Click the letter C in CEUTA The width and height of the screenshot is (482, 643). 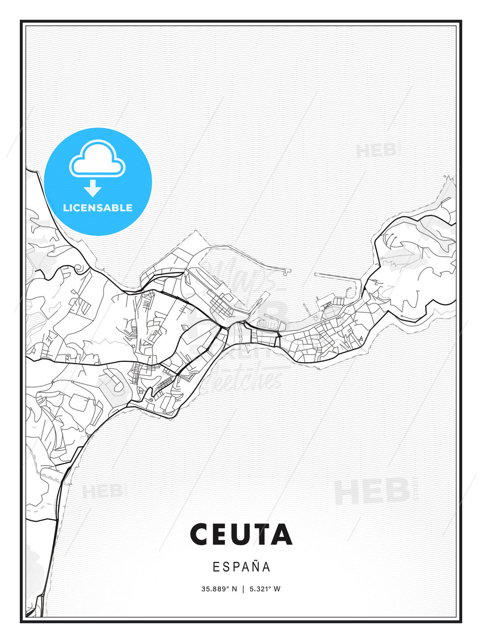200,534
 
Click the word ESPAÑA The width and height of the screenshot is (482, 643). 241,567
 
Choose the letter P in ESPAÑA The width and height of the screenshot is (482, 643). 236,567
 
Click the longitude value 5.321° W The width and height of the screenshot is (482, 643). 265,589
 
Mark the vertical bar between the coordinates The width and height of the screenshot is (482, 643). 243,589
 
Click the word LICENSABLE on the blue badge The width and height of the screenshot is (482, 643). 98,208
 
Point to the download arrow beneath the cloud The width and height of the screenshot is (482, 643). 93,188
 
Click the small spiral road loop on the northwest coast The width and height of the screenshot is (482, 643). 79,268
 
